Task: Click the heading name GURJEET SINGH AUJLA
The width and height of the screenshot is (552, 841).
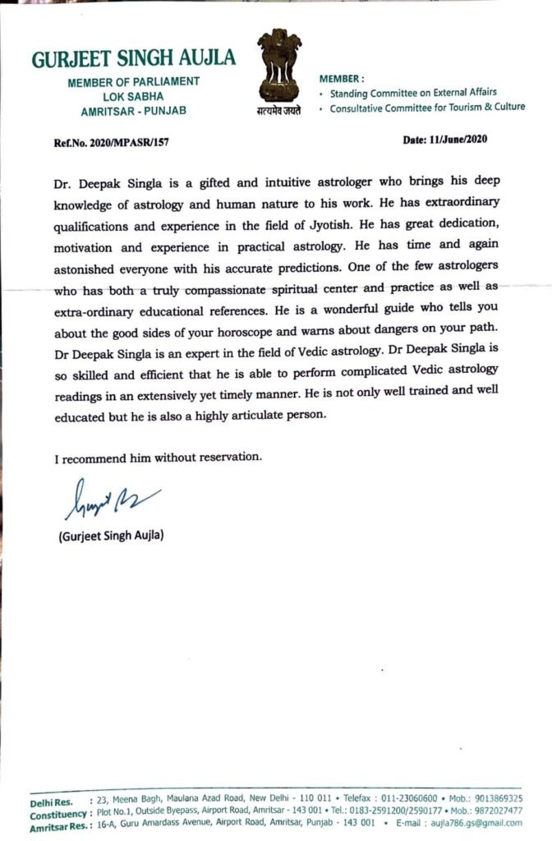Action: tap(134, 58)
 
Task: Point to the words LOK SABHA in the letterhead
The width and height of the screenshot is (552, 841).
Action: tap(134, 94)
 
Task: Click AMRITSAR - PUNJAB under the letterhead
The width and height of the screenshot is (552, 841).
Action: tap(134, 108)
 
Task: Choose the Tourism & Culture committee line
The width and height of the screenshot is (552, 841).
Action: tap(427, 108)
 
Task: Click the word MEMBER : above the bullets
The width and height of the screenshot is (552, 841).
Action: tap(341, 78)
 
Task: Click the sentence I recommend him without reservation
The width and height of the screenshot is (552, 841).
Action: tap(159, 457)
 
